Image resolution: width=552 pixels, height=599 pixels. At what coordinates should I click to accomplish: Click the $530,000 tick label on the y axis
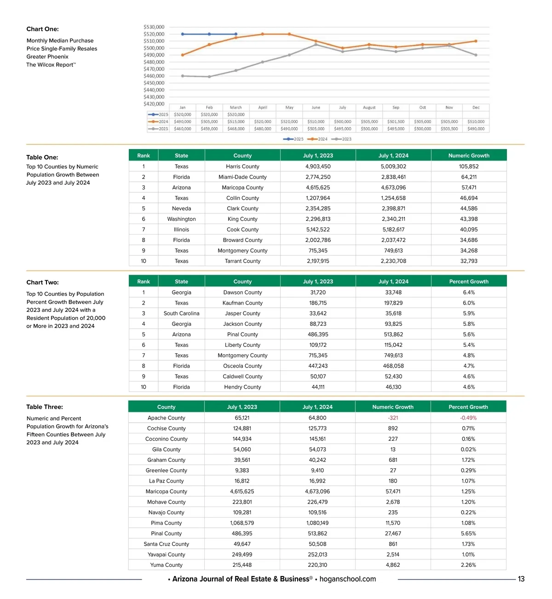point(154,27)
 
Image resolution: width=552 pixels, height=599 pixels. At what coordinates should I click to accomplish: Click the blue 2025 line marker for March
point(236,34)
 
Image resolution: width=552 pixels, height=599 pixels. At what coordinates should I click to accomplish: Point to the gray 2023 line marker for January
point(183,76)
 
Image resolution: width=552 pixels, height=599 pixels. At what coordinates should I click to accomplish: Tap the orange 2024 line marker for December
point(476,41)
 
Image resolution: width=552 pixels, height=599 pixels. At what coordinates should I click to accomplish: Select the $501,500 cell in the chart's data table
point(396,122)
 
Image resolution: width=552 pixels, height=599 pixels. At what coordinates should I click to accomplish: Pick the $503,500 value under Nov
point(449,129)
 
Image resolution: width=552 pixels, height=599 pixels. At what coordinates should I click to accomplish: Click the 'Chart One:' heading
point(42,29)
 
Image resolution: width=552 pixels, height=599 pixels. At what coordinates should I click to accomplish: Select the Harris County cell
point(242,167)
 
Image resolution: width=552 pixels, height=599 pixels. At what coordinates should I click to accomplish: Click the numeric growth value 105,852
point(469,167)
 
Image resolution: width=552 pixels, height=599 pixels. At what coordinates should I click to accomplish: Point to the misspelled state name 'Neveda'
point(181,208)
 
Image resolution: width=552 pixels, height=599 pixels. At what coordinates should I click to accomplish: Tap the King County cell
point(242,219)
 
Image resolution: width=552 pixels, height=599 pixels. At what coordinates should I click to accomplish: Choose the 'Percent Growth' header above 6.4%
point(469,282)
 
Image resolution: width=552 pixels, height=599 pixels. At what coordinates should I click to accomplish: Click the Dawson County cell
point(242,293)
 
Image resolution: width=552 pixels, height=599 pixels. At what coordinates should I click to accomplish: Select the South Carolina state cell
point(181,313)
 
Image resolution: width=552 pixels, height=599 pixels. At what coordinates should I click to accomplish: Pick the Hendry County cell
point(242,387)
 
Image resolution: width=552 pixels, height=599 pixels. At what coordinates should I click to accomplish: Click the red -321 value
point(393,418)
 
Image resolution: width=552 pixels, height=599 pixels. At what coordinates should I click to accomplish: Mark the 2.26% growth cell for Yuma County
point(468,565)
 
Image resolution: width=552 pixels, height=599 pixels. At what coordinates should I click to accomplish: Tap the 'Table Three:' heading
point(45,407)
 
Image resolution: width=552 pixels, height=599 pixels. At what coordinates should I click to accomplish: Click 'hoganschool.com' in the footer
point(347,579)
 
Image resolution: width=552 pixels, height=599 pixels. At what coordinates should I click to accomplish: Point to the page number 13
point(521,579)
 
